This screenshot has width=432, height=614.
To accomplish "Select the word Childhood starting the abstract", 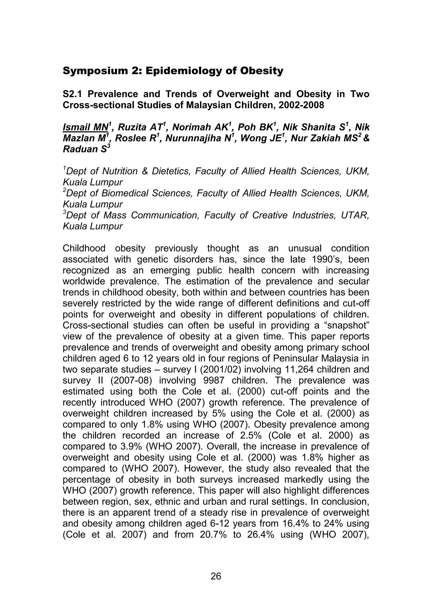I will (84, 248).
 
